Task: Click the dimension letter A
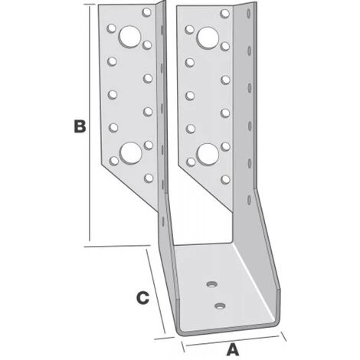tap(233, 349)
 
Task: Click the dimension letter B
tap(80, 126)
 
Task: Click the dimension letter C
tap(142, 298)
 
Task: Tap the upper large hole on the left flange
tap(130, 37)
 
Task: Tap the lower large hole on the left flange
tap(131, 153)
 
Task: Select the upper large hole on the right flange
tap(208, 38)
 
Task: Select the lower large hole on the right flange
tap(208, 154)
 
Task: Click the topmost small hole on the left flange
tap(146, 12)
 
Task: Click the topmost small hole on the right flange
tap(224, 13)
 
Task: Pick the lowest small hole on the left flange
tap(149, 178)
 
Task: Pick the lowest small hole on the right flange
tap(225, 179)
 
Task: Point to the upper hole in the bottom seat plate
tap(211, 283)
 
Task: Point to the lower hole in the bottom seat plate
tap(220, 305)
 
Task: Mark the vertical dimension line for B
tap(90, 123)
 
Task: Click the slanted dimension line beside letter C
tap(155, 291)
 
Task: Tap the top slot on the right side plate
tap(249, 14)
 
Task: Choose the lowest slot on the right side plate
tap(249, 199)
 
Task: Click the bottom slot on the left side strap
tap(163, 221)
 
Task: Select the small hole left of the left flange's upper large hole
tap(111, 28)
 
